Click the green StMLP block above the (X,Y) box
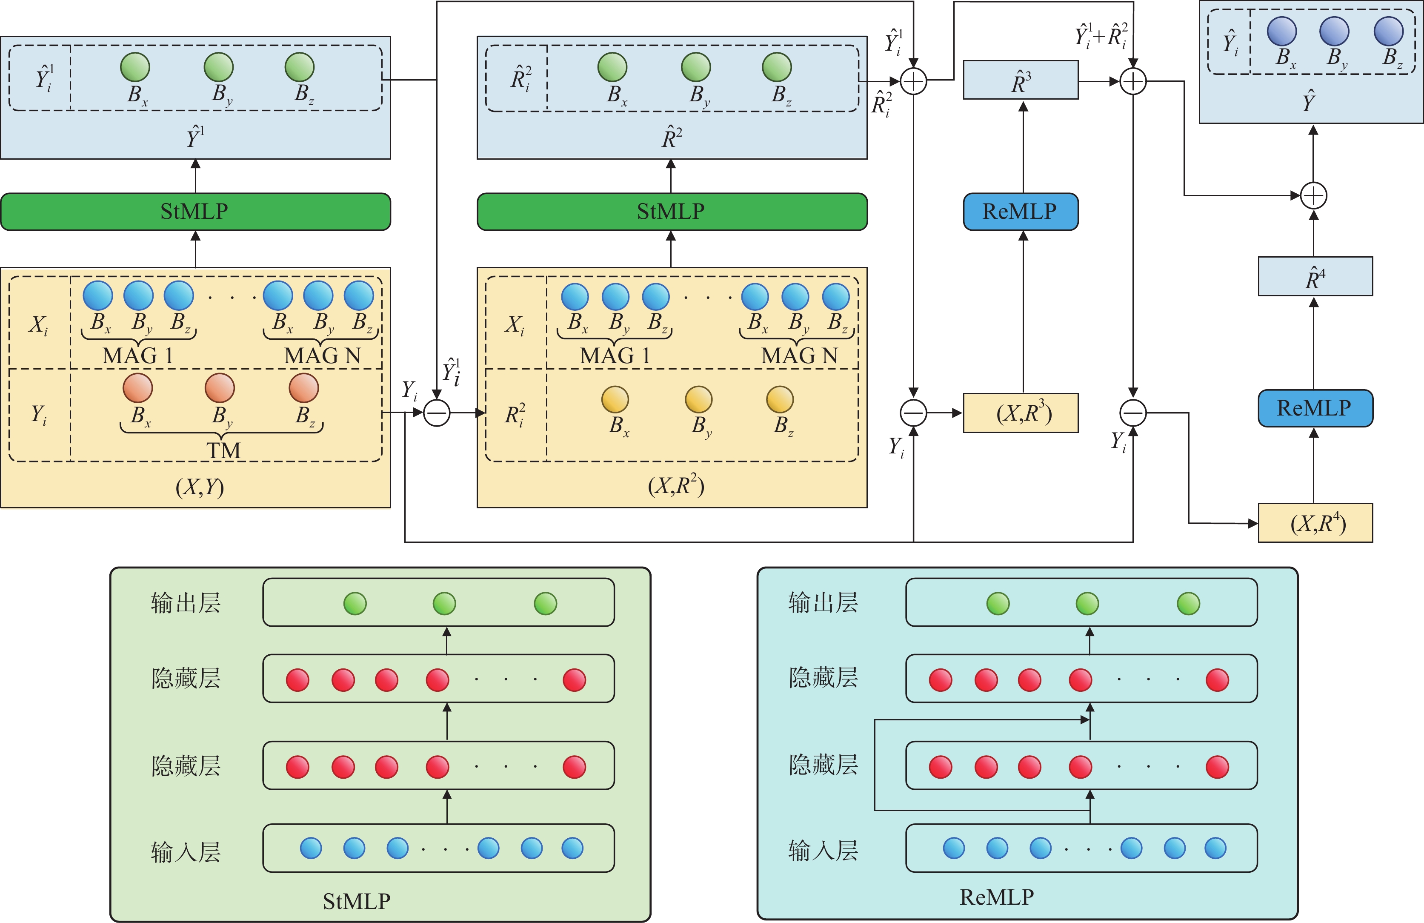coord(196,211)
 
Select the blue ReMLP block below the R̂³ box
coord(1021,211)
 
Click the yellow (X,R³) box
coord(1021,413)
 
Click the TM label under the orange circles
coord(223,450)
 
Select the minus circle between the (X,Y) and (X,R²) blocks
coord(437,413)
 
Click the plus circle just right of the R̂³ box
coord(1133,81)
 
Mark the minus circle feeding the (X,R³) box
coord(914,413)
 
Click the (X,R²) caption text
coord(676,485)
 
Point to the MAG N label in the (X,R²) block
coord(799,355)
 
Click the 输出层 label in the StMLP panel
coord(186,603)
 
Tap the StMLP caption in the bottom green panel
coord(357,901)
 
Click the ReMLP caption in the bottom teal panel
coord(997,897)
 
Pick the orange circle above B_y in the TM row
coord(220,388)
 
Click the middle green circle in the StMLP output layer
coord(445,603)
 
